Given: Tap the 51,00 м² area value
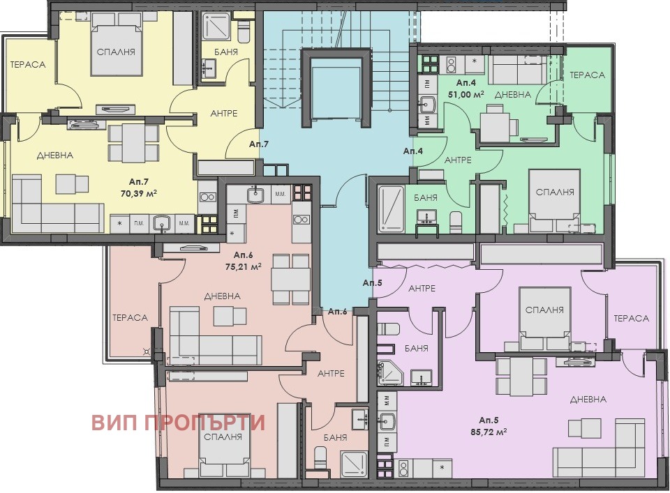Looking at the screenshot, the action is pyautogui.click(x=466, y=94).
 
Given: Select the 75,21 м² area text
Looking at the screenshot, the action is pyautogui.click(x=243, y=267).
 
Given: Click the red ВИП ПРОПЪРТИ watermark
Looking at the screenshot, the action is pyautogui.click(x=178, y=423).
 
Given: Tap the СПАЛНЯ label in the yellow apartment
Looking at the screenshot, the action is pyautogui.click(x=116, y=52).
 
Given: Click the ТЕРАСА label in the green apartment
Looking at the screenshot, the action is pyautogui.click(x=587, y=75).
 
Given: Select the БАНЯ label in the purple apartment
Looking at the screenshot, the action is pyautogui.click(x=416, y=348).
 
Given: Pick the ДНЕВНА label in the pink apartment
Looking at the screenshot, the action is pyautogui.click(x=222, y=296).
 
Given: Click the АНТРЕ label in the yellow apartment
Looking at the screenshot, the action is pyautogui.click(x=224, y=114).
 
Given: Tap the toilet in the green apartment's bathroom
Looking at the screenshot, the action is pyautogui.click(x=456, y=222).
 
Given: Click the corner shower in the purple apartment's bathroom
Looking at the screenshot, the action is pyautogui.click(x=390, y=372).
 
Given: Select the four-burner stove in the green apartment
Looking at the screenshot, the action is pyautogui.click(x=431, y=63).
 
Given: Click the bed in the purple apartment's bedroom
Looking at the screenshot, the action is pyautogui.click(x=545, y=319).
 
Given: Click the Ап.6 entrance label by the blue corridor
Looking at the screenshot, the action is pyautogui.click(x=337, y=311).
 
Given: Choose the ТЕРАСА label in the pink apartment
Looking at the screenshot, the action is pyautogui.click(x=130, y=317).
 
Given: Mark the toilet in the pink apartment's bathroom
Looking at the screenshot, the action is pyautogui.click(x=320, y=458).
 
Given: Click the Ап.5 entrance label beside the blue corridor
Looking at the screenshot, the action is pyautogui.click(x=372, y=282).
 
